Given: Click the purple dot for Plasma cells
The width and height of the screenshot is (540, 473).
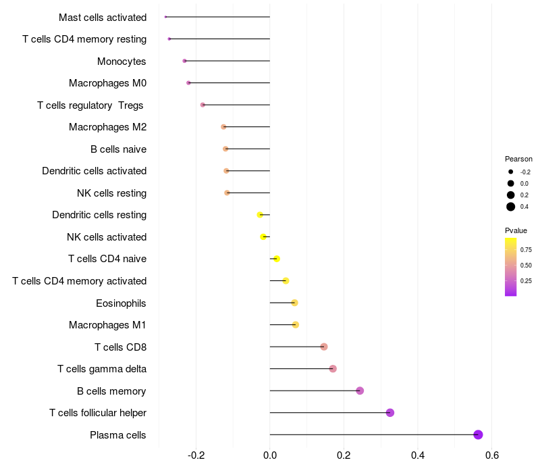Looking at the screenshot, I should (478, 434).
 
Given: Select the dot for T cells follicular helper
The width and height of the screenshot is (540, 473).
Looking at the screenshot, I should (389, 413).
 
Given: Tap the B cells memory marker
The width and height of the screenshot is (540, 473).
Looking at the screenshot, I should (360, 391).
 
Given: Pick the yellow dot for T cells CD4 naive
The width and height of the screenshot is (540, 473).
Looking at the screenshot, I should (276, 259).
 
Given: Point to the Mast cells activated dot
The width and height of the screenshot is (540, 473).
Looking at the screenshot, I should (165, 17).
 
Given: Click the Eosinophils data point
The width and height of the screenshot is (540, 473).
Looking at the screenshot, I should (294, 303).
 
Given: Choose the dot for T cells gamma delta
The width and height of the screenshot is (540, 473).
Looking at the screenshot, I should (333, 369).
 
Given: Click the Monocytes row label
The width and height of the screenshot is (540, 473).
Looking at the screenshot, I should (122, 61).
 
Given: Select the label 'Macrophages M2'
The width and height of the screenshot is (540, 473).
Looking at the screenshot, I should (107, 127).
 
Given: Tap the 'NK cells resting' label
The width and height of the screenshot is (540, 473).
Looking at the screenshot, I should (111, 193).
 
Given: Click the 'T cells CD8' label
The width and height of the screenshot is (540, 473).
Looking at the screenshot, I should (120, 347).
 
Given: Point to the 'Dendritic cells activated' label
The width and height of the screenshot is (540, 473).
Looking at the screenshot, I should (94, 171).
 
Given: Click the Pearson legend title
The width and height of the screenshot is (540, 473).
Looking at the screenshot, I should (518, 159).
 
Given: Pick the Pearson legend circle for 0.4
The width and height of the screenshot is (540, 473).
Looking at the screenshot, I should (511, 207).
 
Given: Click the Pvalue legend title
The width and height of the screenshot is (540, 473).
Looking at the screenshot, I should (516, 230).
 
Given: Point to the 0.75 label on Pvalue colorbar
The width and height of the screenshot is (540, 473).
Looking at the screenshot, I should (526, 249).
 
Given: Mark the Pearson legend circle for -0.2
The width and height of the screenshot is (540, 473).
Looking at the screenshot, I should (511, 172).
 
